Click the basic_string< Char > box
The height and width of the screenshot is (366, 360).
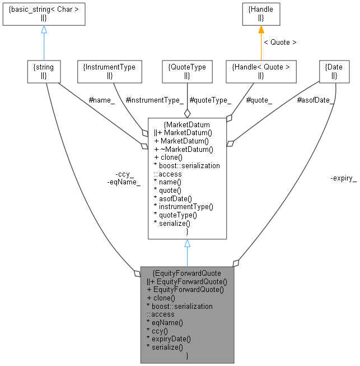click(x=43, y=14)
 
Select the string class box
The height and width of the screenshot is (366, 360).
click(x=44, y=71)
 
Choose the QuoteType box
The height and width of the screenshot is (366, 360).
click(x=187, y=71)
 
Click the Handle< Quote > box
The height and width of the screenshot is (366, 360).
click(x=261, y=71)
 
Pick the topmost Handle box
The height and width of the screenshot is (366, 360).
click(x=261, y=14)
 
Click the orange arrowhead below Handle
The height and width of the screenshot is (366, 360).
click(x=261, y=30)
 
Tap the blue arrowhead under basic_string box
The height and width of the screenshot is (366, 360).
click(x=44, y=30)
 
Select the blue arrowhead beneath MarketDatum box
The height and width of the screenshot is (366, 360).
click(x=187, y=244)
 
